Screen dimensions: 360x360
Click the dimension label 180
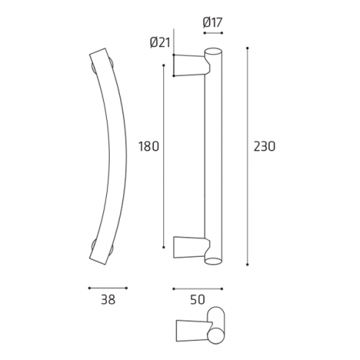pyautogui.click(x=149, y=146)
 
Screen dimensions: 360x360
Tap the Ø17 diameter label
pyautogui.click(x=211, y=22)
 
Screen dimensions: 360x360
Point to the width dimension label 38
pyautogui.click(x=108, y=299)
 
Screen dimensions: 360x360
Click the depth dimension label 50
pyautogui.click(x=198, y=299)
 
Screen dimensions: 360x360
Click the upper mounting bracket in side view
pyautogui.click(x=189, y=64)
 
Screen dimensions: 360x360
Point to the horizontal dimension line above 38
pyautogui.click(x=108, y=288)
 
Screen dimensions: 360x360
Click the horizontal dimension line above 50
pyautogui.click(x=198, y=288)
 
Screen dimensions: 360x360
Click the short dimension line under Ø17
pyautogui.click(x=211, y=34)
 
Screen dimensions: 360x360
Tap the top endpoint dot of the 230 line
pyautogui.click(x=247, y=49)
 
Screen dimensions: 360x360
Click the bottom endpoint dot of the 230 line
pyautogui.click(x=247, y=263)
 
